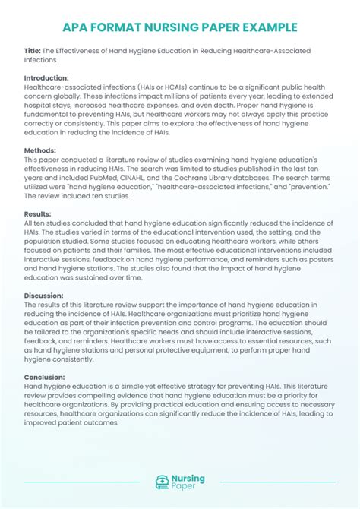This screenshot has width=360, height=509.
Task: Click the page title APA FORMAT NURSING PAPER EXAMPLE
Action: point(180,28)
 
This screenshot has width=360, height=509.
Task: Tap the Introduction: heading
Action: point(46,77)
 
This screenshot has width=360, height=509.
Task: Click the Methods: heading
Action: point(40,150)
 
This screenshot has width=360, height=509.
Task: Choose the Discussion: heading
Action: point(45,296)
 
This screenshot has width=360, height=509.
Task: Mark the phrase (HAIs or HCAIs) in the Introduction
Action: point(147,87)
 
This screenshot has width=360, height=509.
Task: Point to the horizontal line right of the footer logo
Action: point(276,482)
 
